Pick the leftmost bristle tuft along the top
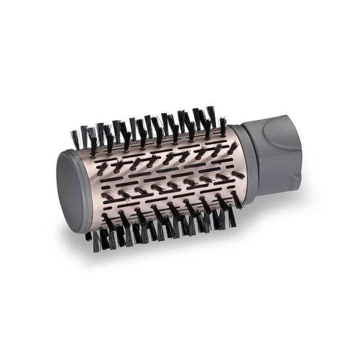click(76, 138)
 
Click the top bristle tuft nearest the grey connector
click(223, 125)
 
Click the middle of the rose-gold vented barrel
click(159, 180)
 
